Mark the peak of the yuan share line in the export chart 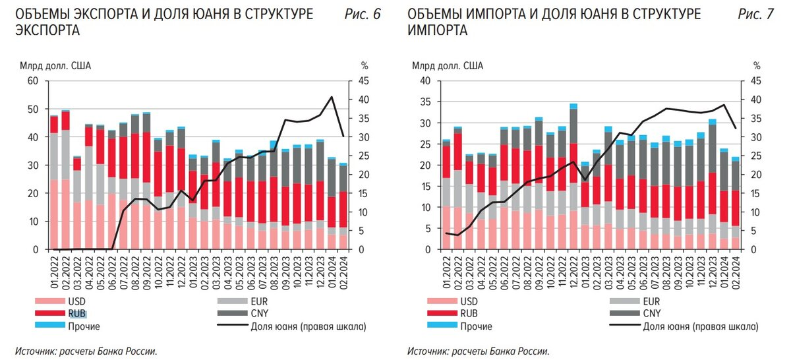(331, 98)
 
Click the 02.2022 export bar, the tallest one (65, 178)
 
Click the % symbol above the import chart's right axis (757, 65)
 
